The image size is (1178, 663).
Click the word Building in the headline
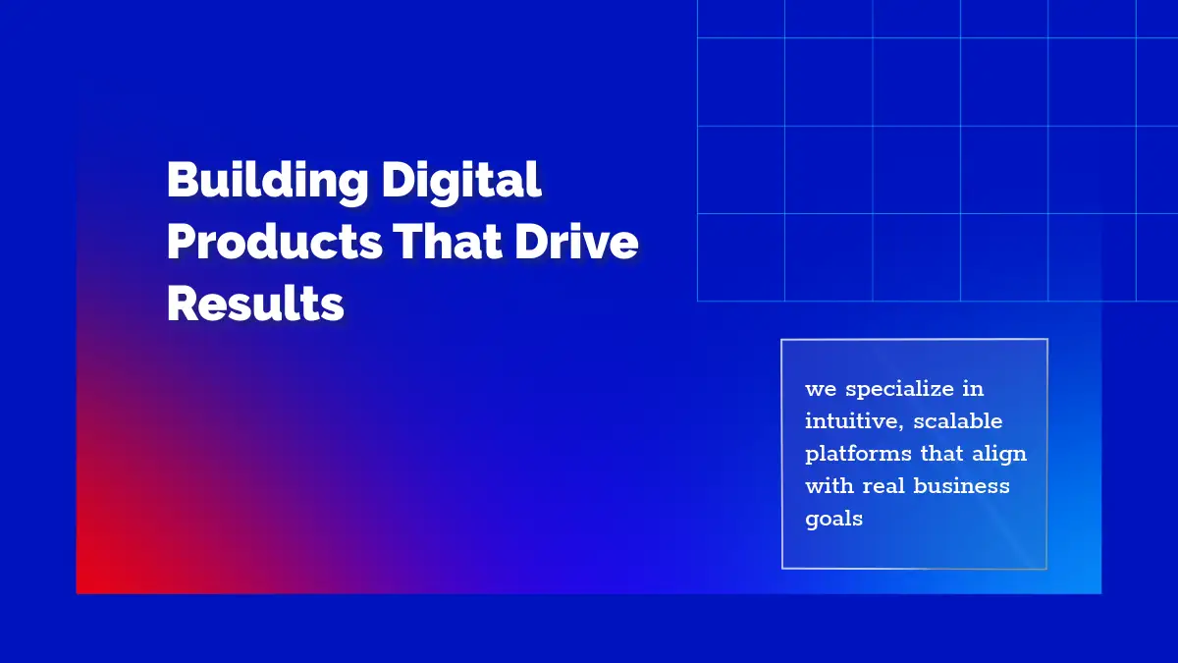click(268, 181)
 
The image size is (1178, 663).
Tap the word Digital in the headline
click(461, 180)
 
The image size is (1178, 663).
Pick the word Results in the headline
click(255, 303)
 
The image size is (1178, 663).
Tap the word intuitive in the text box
click(854, 421)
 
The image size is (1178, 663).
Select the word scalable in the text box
click(958, 421)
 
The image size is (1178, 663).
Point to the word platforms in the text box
click(858, 454)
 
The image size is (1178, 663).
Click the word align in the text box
click(998, 454)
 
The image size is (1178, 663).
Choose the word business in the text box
click(961, 485)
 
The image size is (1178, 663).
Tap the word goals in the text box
click(834, 520)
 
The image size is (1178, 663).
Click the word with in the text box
click(830, 485)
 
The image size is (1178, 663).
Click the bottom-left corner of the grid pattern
click(698, 301)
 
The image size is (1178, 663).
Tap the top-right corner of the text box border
click(1047, 340)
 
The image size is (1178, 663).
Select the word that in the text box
click(941, 454)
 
